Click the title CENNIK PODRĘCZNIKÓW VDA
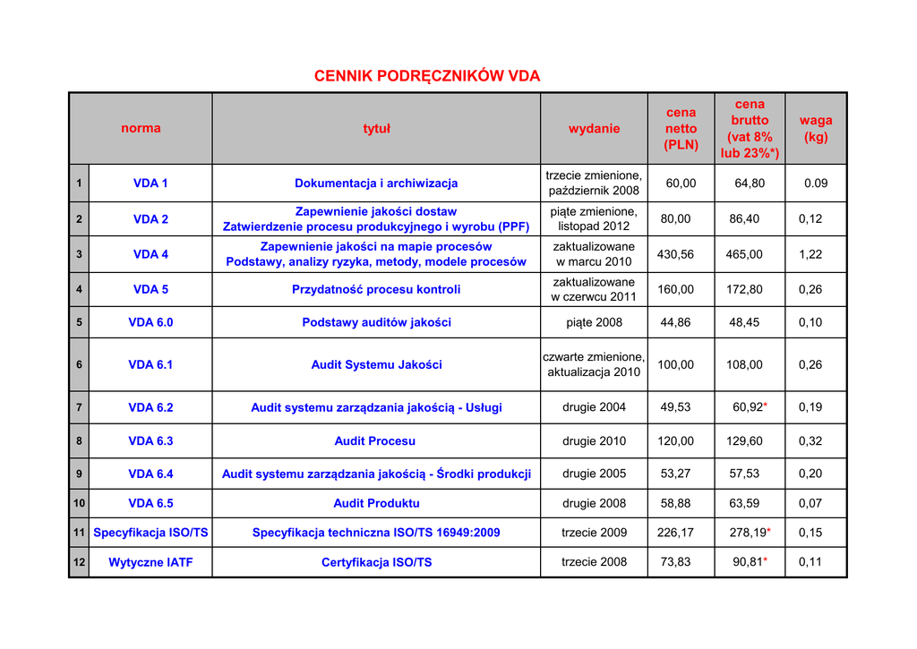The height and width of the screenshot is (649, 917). click(x=427, y=76)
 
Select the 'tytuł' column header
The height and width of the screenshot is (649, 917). click(x=376, y=128)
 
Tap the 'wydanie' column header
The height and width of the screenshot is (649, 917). click(x=594, y=128)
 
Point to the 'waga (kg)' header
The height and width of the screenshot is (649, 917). click(x=816, y=128)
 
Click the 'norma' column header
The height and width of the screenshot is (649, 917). click(x=141, y=128)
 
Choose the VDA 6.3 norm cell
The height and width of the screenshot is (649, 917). click(x=150, y=440)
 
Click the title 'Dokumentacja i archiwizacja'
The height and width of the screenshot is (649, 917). click(x=376, y=183)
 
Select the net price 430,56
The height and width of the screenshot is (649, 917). click(x=675, y=254)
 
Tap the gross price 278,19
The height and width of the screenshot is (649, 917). click(x=746, y=533)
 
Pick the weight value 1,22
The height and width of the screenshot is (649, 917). click(x=810, y=254)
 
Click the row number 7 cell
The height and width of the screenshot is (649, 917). click(x=79, y=407)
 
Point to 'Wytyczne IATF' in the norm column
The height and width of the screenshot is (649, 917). click(x=150, y=562)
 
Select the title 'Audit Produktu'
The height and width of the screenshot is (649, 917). click(x=376, y=503)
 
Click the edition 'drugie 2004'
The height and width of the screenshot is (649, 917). click(x=594, y=407)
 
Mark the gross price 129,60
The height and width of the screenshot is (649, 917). click(x=744, y=440)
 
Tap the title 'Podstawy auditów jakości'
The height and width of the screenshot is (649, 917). click(x=376, y=322)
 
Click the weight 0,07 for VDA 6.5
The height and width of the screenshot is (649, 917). click(x=810, y=503)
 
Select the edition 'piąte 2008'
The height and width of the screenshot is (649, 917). click(x=594, y=322)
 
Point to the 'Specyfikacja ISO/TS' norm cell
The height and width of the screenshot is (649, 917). click(x=150, y=533)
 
